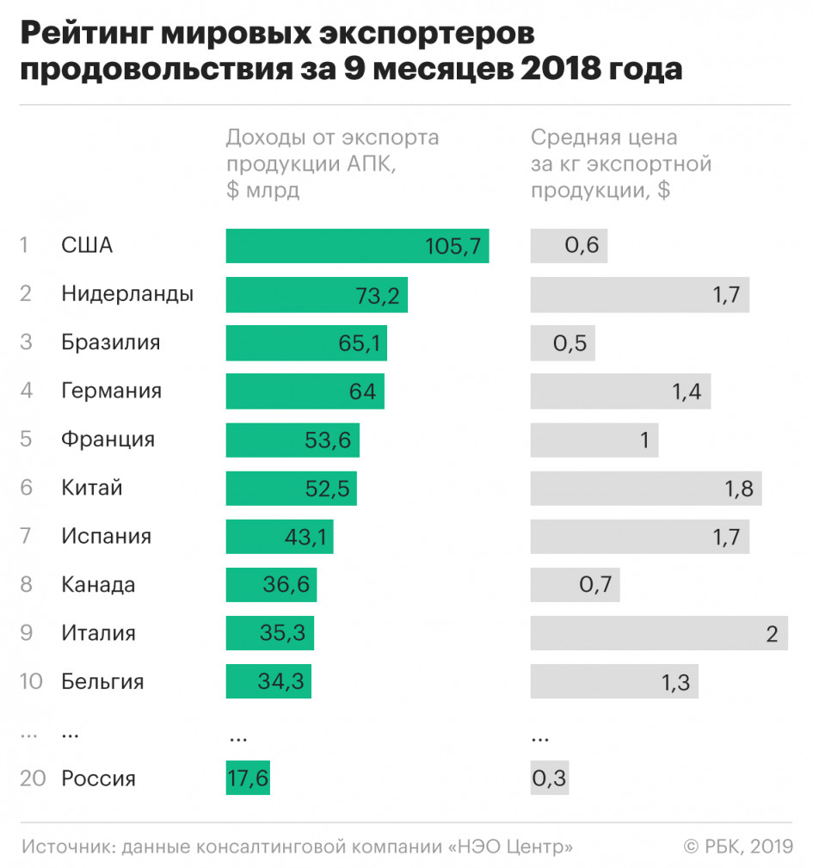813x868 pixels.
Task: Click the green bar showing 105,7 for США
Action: click(357, 246)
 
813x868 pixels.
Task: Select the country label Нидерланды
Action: click(127, 294)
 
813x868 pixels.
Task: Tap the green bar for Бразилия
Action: click(305, 343)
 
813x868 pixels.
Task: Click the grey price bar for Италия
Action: click(658, 634)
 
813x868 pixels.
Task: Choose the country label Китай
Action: click(92, 489)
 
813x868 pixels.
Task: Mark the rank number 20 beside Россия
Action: click(31, 779)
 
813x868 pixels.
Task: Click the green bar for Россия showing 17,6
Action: click(248, 779)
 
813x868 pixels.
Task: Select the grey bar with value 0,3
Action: click(549, 779)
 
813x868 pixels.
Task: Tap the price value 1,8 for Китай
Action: click(738, 489)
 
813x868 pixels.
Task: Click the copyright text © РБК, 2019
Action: click(737, 847)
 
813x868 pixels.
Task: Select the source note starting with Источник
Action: click(297, 847)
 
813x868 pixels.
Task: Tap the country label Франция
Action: click(108, 440)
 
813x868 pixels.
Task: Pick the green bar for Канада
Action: click(271, 586)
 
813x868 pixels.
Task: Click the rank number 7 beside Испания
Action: click(26, 537)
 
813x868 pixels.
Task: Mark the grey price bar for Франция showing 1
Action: click(594, 440)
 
